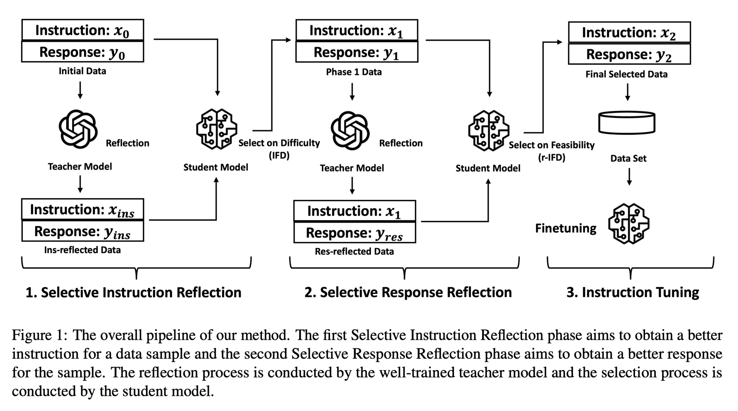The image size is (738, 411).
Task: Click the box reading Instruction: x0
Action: click(83, 30)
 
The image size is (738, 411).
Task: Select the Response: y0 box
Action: click(83, 52)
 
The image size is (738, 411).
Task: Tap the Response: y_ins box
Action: click(83, 231)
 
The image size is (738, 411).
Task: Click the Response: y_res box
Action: click(355, 233)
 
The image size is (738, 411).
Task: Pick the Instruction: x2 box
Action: click(629, 32)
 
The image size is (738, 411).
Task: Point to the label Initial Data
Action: click(83, 71)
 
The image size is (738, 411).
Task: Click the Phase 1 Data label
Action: click(354, 72)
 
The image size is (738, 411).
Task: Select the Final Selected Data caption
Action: click(626, 74)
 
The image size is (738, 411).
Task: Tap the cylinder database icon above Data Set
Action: click(627, 123)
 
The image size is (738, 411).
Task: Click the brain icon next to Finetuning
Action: click(628, 224)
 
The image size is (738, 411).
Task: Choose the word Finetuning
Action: click(565, 228)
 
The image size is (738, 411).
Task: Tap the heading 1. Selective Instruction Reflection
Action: click(133, 292)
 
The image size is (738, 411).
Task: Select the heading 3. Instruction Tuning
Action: click(632, 292)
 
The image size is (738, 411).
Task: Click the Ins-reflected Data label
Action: click(83, 250)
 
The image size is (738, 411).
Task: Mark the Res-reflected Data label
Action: click(354, 251)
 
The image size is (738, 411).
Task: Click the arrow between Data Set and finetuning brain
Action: click(629, 177)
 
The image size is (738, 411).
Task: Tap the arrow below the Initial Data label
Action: click(80, 90)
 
